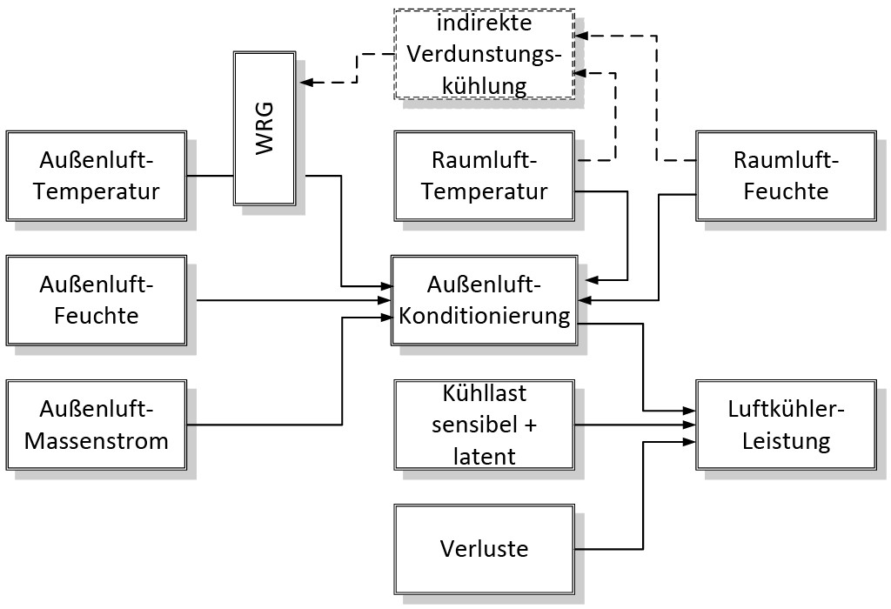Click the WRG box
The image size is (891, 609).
[265, 129]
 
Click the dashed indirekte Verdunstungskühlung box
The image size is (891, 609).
[485, 54]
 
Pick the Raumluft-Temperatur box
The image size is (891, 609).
[485, 176]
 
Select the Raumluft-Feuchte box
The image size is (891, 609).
[787, 176]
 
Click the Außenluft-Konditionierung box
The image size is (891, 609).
[485, 300]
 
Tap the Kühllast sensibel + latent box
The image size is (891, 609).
[485, 425]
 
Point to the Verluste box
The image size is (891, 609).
[485, 549]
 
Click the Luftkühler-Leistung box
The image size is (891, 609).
[787, 425]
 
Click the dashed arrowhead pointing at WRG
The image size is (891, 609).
[305, 83]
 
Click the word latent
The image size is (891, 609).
[485, 455]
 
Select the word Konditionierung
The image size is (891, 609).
[485, 315]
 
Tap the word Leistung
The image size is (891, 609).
[787, 440]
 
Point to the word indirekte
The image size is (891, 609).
[485, 24]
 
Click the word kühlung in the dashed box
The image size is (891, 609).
[485, 85]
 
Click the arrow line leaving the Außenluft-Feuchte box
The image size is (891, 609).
[287, 300]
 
